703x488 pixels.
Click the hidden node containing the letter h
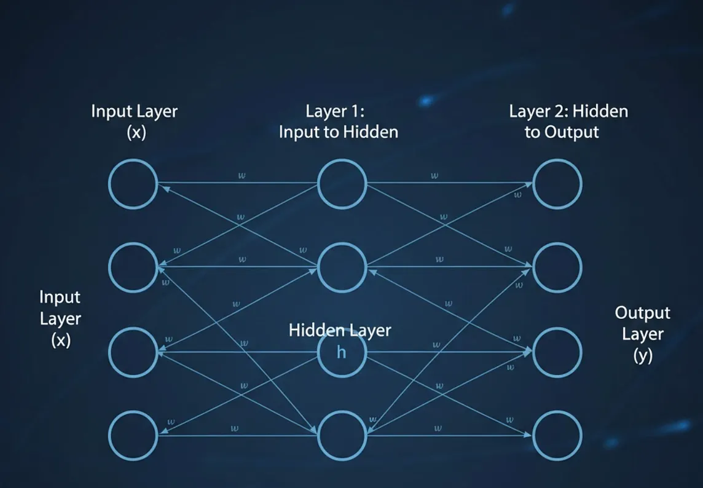pyautogui.click(x=342, y=353)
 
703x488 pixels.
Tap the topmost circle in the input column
pyautogui.click(x=133, y=183)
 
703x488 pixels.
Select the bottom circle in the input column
pyautogui.click(x=133, y=436)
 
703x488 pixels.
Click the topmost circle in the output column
pyautogui.click(x=557, y=183)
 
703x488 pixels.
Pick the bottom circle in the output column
pyautogui.click(x=557, y=436)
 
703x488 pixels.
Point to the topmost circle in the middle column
pyautogui.click(x=342, y=183)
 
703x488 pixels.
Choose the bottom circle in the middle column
pyautogui.click(x=342, y=436)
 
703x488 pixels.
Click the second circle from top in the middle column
pyautogui.click(x=342, y=267)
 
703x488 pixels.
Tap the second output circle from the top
pyautogui.click(x=557, y=267)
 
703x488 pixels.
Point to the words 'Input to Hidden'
pyautogui.click(x=338, y=132)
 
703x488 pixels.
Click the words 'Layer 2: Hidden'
pyautogui.click(x=568, y=112)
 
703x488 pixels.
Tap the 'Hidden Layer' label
pyautogui.click(x=339, y=330)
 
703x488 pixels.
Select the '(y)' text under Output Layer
pyautogui.click(x=642, y=355)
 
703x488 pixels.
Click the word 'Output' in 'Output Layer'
pyautogui.click(x=642, y=313)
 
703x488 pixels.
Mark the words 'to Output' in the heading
pyautogui.click(x=562, y=132)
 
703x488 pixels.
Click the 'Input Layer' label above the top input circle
pyautogui.click(x=134, y=112)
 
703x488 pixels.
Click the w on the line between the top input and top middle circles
pyautogui.click(x=242, y=176)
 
